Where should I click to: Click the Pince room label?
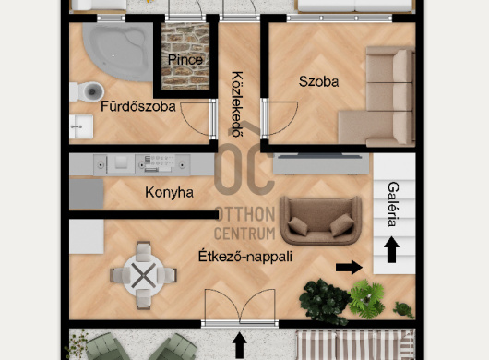click(185, 60)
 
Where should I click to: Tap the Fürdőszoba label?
click(138, 106)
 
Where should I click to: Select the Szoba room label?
click(318, 81)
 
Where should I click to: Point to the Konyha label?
click(170, 192)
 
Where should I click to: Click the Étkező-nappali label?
click(245, 257)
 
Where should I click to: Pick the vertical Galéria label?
click(393, 204)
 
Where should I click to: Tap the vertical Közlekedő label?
click(237, 104)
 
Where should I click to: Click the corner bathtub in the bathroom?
click(118, 52)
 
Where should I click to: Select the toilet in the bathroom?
click(87, 91)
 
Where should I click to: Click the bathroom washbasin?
click(81, 126)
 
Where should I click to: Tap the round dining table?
click(143, 275)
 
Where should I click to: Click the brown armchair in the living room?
click(320, 221)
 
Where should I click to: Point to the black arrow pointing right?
click(349, 268)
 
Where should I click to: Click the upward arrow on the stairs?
click(391, 249)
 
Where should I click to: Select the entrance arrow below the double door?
click(239, 345)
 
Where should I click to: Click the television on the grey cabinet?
click(319, 155)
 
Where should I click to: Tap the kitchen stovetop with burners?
click(159, 163)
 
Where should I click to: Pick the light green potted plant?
click(367, 299)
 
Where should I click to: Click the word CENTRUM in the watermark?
click(244, 234)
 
